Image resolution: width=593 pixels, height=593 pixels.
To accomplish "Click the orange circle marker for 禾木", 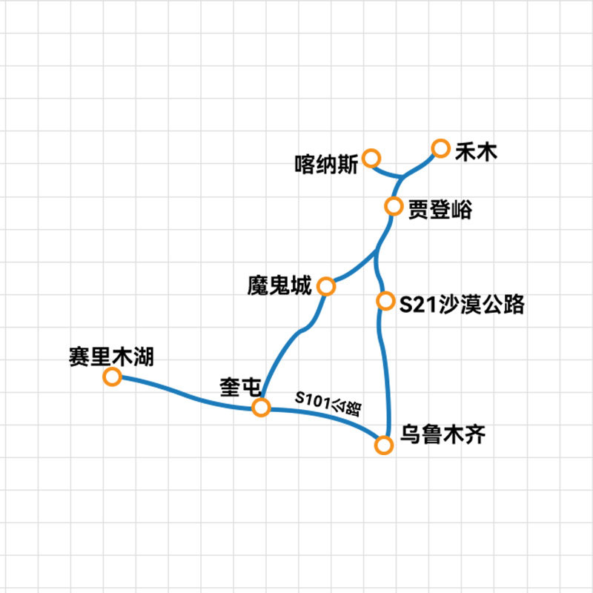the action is coord(440,148).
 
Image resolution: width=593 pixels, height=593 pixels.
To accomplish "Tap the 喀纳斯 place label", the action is coord(326,165).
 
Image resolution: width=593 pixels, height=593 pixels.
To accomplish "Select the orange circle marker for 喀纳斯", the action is coord(371,158).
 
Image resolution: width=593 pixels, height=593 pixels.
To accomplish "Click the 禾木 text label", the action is coord(476,152).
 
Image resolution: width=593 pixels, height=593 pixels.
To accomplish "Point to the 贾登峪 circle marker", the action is coord(394,207).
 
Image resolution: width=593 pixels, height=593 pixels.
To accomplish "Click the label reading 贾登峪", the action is coord(440,211).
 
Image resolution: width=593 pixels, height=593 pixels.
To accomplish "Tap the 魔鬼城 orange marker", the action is coord(326,287).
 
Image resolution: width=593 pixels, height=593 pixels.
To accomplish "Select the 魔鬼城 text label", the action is coord(279,285).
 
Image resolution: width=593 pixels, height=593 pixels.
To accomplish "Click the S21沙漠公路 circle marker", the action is coord(385,301).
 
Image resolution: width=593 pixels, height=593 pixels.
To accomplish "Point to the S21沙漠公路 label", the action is coord(462,304).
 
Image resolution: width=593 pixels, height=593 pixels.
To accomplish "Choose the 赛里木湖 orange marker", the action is coord(112,377).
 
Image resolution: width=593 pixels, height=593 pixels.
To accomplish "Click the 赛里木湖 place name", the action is coord(111,357).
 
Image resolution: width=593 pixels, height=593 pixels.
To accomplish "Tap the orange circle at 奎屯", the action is coord(262,408).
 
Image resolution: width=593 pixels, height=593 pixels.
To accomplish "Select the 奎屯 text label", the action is coord(240,388).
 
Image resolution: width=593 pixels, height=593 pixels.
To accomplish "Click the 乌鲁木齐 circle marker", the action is coord(384,445).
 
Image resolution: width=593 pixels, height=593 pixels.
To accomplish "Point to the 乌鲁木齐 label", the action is coord(443,434).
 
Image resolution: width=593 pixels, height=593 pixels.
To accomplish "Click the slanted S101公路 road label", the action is coord(328,403).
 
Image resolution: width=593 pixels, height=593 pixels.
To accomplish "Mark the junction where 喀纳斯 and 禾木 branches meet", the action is coord(401,177).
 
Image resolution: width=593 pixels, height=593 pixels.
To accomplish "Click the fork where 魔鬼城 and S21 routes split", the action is coord(376,251).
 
